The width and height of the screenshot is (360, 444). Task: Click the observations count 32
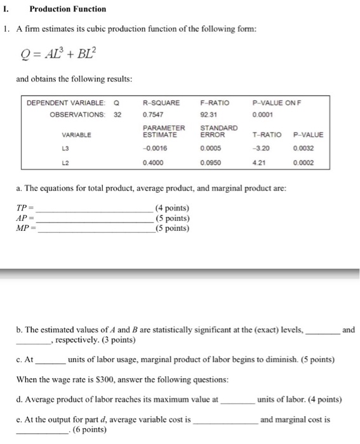point(117,115)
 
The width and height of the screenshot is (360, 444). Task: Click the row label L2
point(76,162)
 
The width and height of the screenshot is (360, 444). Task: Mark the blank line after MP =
point(95,230)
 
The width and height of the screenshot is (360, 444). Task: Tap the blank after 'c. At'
point(50,360)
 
